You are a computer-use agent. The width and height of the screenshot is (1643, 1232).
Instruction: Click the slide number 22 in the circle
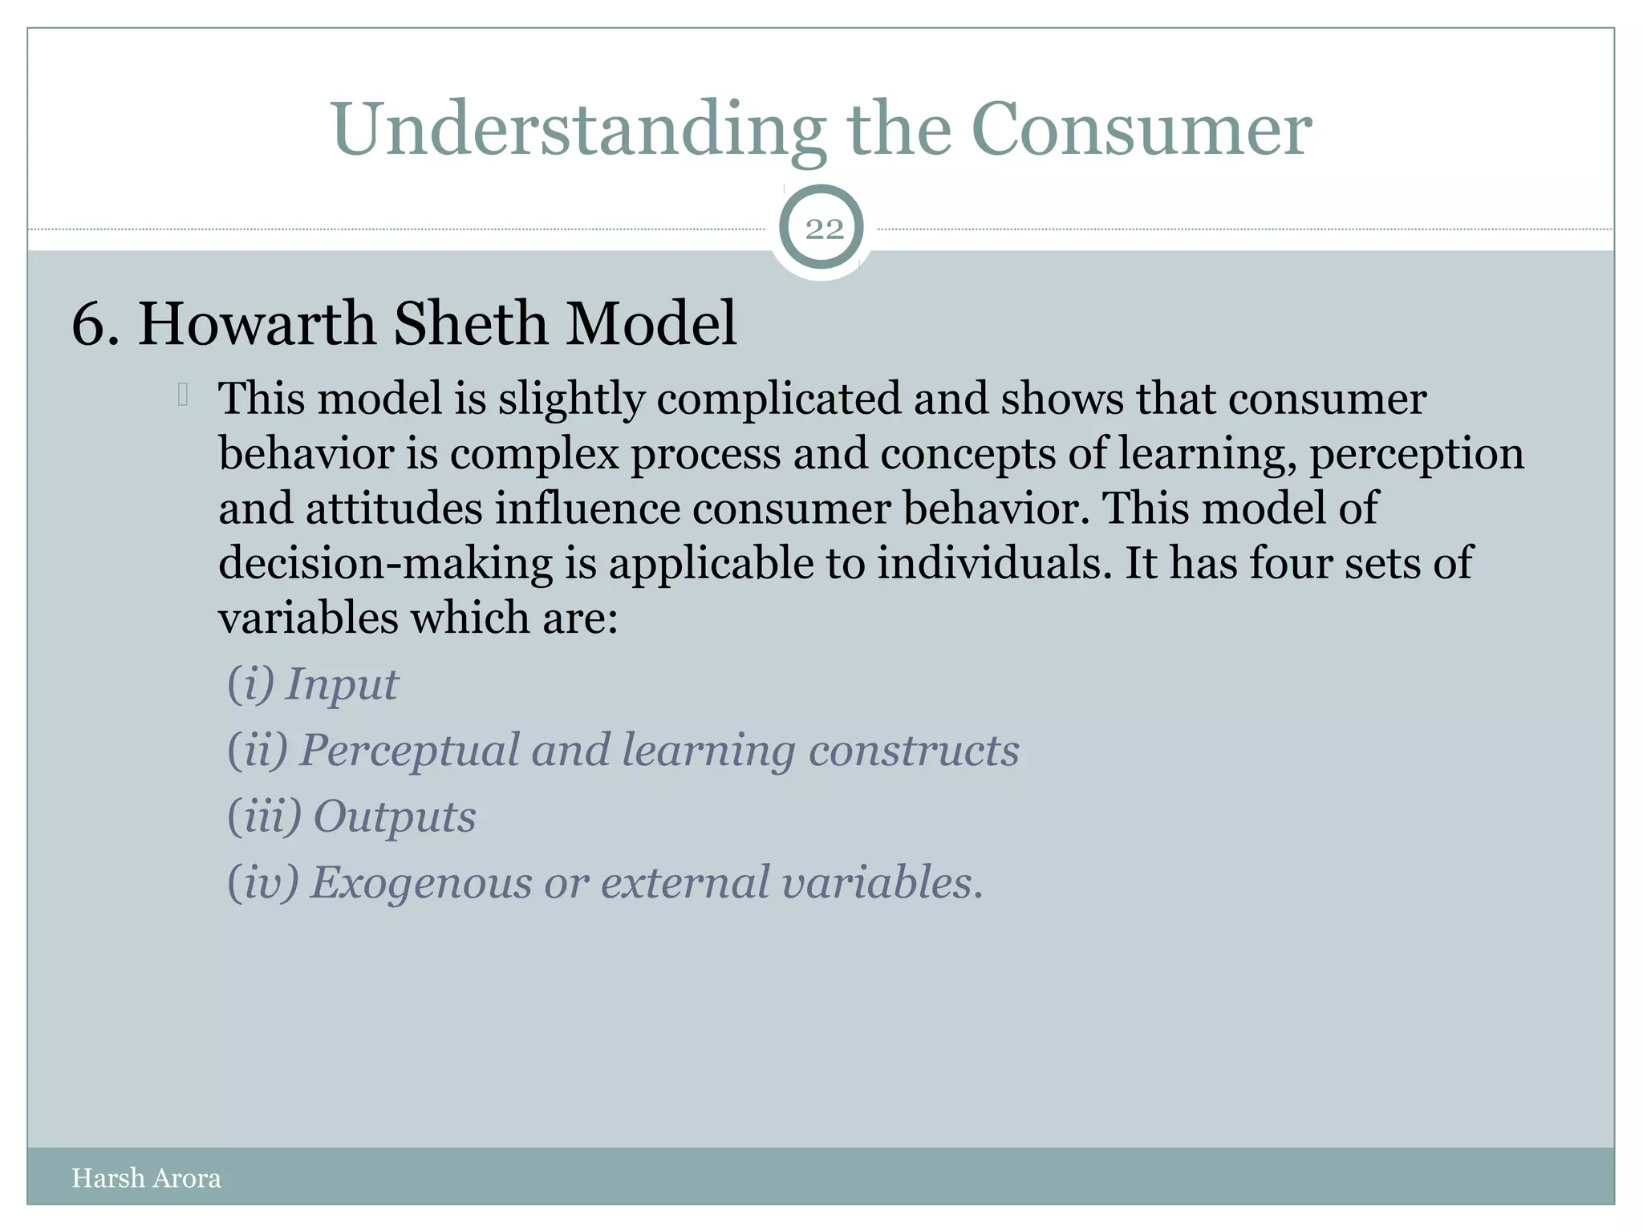pyautogui.click(x=824, y=229)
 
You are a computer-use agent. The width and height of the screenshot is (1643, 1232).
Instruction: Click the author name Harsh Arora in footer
pyautogui.click(x=146, y=1178)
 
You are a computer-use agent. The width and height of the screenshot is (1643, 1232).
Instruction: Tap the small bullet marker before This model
pyautogui.click(x=183, y=395)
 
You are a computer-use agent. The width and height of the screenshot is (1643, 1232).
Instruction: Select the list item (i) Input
pyautogui.click(x=313, y=685)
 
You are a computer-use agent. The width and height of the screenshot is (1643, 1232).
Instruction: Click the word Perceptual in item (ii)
pyautogui.click(x=409, y=751)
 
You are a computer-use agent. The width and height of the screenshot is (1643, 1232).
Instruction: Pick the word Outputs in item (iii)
pyautogui.click(x=394, y=817)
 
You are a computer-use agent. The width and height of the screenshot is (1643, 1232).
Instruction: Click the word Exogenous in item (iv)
pyautogui.click(x=420, y=883)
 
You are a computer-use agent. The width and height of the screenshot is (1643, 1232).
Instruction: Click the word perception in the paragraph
pyautogui.click(x=1416, y=454)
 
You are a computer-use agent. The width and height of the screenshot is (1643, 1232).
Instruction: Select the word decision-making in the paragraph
pyautogui.click(x=385, y=563)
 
